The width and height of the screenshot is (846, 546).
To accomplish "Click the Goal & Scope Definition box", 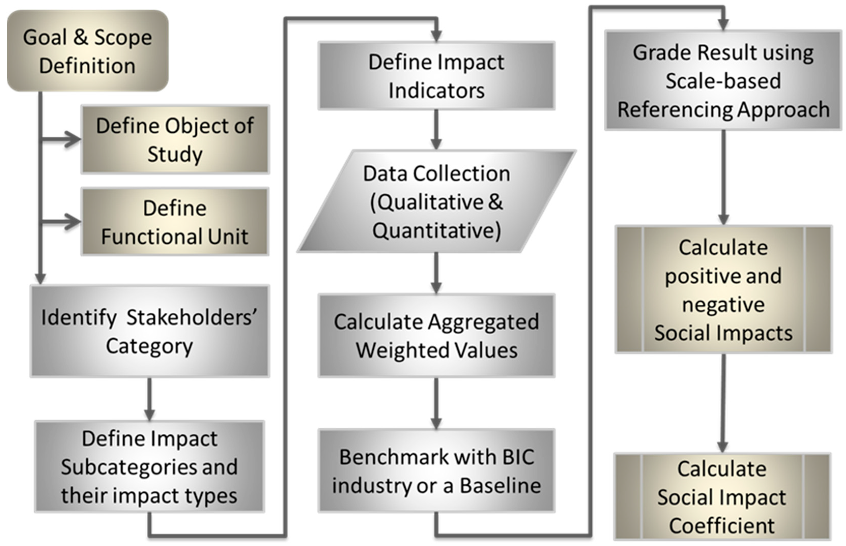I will (x=87, y=51).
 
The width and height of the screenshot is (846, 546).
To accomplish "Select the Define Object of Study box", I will (x=175, y=139).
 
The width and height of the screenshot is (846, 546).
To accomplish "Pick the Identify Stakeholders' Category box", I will (x=150, y=331).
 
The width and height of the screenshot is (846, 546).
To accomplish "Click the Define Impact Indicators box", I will (x=436, y=76).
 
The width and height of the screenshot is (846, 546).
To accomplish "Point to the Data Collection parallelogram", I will (x=436, y=201).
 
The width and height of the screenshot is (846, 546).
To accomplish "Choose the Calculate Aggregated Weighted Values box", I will (x=436, y=335).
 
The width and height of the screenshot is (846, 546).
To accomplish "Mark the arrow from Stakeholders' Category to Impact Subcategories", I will (x=150, y=399).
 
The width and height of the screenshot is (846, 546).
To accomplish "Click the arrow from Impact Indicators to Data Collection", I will (x=436, y=129).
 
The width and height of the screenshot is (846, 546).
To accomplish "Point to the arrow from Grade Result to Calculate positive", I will (x=723, y=177).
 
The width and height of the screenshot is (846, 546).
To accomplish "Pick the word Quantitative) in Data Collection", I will (x=436, y=230).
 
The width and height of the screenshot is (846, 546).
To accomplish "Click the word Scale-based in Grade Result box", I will (x=723, y=81).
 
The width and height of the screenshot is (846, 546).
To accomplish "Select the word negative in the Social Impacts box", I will (x=723, y=305).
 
